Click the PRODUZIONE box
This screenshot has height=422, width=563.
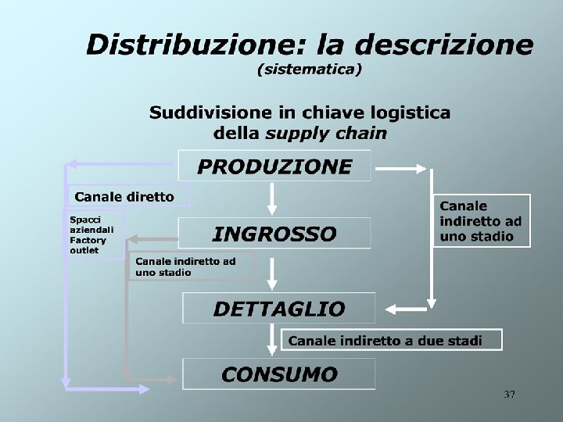(274, 166)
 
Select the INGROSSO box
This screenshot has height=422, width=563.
(274, 233)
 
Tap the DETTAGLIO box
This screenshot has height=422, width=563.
(278, 308)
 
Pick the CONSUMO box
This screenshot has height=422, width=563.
(278, 374)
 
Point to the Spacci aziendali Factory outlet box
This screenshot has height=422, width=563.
(93, 234)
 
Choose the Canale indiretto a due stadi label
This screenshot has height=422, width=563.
(385, 340)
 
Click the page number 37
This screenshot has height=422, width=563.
(510, 395)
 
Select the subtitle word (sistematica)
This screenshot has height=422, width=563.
(310, 70)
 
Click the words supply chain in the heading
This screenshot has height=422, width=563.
(326, 133)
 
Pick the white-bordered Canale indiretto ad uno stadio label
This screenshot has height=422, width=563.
(481, 220)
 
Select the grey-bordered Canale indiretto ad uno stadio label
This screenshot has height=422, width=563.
(191, 266)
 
